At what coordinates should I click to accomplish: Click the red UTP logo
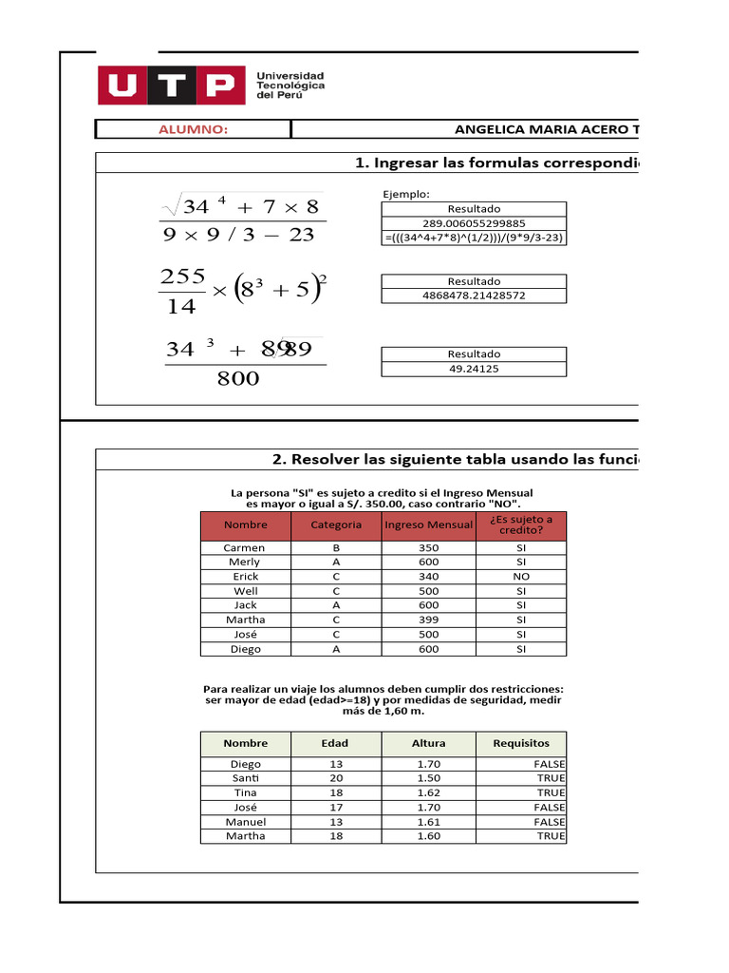tap(167, 86)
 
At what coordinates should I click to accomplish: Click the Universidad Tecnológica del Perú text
tap(290, 86)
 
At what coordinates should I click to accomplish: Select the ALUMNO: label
tap(194, 130)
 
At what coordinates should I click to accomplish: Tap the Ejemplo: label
tap(405, 194)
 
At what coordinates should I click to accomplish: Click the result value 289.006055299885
tap(474, 223)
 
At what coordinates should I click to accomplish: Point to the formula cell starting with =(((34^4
tap(474, 238)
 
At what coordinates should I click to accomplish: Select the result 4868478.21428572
tap(474, 296)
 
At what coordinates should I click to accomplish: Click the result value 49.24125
tap(474, 368)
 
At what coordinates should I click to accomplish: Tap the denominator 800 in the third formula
tap(238, 379)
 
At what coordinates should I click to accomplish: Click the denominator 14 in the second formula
tap(180, 307)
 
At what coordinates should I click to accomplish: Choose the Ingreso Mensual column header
tap(428, 525)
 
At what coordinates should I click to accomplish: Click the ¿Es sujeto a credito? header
tap(520, 525)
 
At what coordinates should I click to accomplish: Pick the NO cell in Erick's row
tap(520, 577)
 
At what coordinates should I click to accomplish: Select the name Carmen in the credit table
tap(245, 548)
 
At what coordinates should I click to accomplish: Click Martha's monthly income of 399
tap(428, 620)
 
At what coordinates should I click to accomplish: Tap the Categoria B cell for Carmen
tap(336, 548)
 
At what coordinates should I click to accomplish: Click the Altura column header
tap(428, 743)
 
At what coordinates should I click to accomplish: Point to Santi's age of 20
tap(336, 778)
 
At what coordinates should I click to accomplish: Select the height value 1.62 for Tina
tap(428, 792)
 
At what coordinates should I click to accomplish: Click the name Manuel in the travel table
tap(245, 822)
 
